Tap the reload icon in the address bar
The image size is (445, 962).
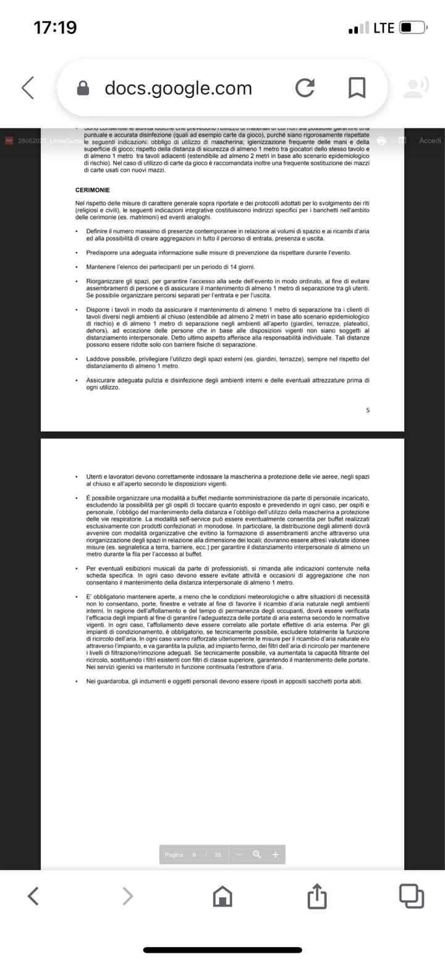click(305, 88)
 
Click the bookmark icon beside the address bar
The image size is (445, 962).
click(357, 88)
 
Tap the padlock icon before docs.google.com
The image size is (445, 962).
click(83, 89)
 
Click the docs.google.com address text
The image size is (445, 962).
click(178, 88)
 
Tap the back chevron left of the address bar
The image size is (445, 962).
click(28, 88)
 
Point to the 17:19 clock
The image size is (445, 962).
click(55, 28)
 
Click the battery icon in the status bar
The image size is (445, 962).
click(413, 28)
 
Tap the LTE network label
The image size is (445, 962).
click(384, 28)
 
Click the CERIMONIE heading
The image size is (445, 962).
click(93, 190)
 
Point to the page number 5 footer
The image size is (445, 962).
click(368, 410)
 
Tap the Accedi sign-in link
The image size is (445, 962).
click(430, 141)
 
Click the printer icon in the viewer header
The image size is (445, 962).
click(381, 141)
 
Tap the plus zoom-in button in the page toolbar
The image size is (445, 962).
click(275, 855)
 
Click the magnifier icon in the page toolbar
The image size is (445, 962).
click(257, 855)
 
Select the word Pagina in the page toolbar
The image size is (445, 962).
click(174, 855)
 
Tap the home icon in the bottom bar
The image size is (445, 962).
click(222, 896)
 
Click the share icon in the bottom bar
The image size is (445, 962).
click(316, 896)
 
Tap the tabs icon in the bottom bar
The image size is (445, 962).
click(411, 896)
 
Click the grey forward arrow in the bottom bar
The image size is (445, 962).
click(128, 896)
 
